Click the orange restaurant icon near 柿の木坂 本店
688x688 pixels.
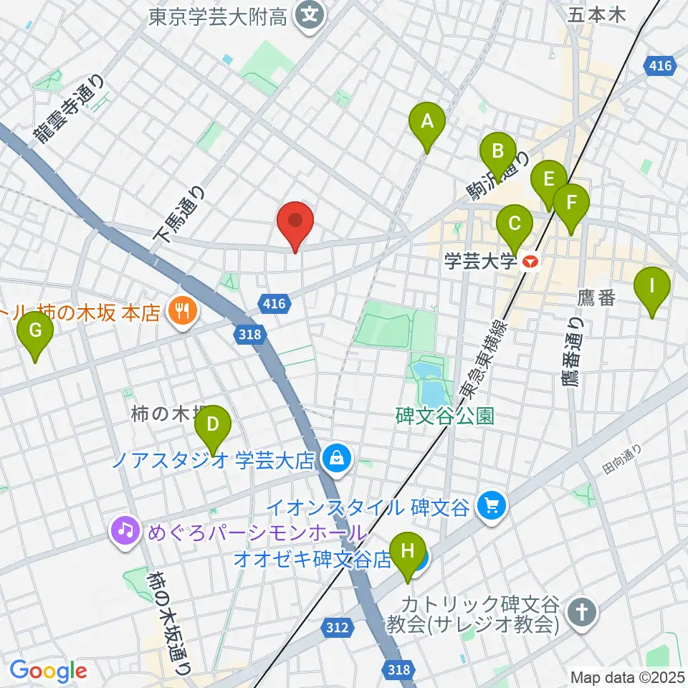[178, 310]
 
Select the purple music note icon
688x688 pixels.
[125, 531]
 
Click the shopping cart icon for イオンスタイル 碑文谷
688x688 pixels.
[491, 507]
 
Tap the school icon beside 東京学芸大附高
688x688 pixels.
[310, 15]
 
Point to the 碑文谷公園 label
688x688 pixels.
[444, 416]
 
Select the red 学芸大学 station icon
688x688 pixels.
[530, 262]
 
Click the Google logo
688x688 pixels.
[48, 671]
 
